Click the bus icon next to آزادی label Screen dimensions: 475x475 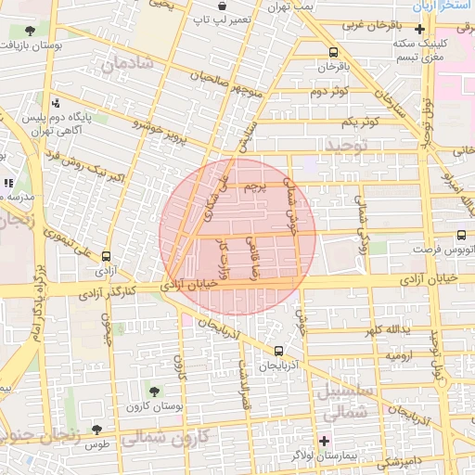click(x=105, y=255)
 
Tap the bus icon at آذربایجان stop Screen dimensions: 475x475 click(x=279, y=351)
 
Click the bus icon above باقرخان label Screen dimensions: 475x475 click(x=333, y=52)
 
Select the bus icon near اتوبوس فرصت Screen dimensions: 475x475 click(x=461, y=236)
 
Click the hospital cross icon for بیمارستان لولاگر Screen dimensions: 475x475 click(x=324, y=440)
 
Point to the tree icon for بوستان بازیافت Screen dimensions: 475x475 click(x=32, y=30)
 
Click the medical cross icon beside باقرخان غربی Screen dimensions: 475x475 click(x=420, y=29)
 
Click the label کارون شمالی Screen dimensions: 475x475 click(x=167, y=436)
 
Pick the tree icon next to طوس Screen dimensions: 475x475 click(x=96, y=430)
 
